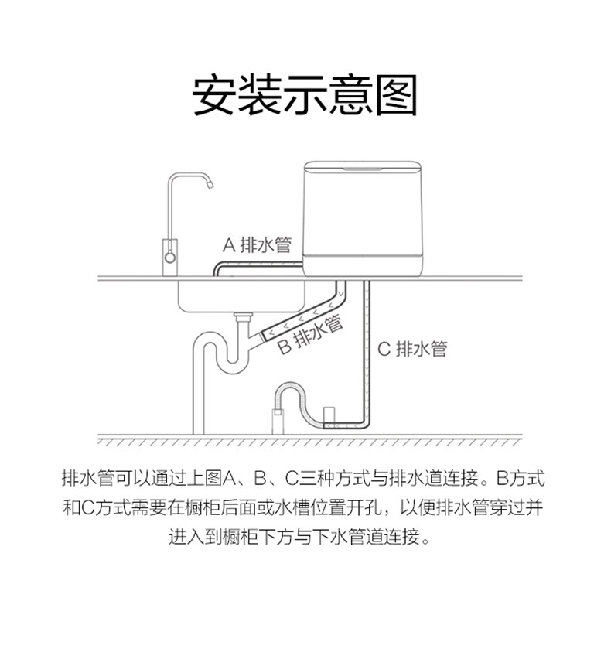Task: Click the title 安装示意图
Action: tap(305, 95)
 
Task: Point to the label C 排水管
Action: tap(411, 349)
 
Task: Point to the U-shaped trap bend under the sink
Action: tap(232, 364)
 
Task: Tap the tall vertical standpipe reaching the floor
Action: tap(198, 394)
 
